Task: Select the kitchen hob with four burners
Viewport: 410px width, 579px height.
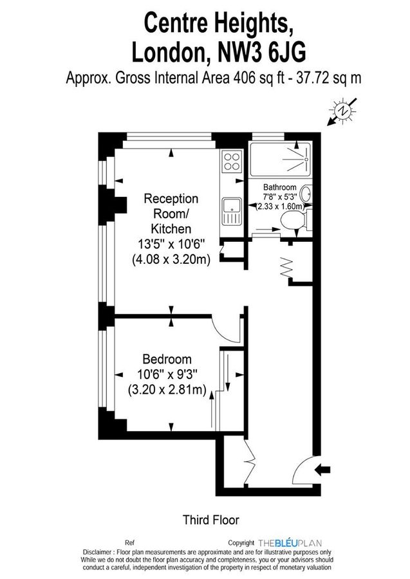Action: (x=230, y=161)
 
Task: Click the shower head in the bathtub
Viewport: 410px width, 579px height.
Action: (x=306, y=158)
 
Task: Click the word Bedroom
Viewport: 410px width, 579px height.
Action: (x=167, y=359)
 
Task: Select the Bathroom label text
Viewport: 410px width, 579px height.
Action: (x=279, y=187)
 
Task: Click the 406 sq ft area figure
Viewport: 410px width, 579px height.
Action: (x=240, y=78)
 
